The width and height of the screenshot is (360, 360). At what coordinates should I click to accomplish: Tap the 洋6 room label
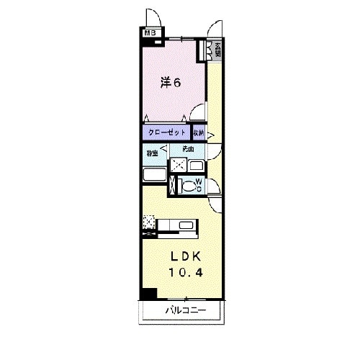click(x=170, y=82)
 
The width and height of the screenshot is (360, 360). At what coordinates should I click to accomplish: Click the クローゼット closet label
click(x=167, y=133)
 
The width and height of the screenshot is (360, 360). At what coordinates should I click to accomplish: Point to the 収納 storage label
click(x=199, y=133)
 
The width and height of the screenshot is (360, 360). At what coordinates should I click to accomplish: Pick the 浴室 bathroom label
click(x=152, y=153)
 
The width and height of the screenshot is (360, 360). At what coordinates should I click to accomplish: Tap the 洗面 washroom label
click(x=188, y=149)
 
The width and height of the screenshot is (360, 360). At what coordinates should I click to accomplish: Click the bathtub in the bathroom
click(x=153, y=175)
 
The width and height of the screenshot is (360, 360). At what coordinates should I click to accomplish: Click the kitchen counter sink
click(x=185, y=230)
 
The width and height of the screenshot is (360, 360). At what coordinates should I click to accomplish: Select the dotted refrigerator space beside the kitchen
click(x=149, y=223)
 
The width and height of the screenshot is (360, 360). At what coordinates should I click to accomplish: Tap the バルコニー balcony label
click(x=185, y=310)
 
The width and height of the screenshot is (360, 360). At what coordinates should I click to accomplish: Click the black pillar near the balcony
click(x=148, y=294)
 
